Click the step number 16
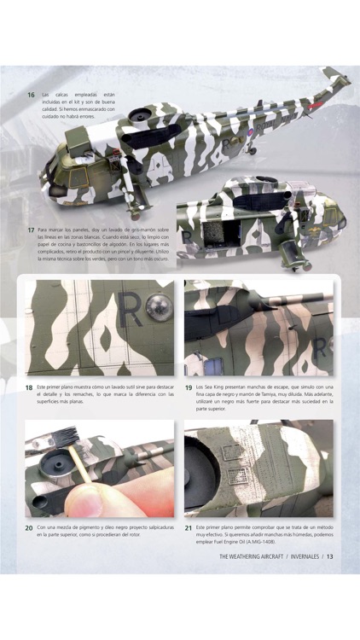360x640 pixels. tap(31, 95)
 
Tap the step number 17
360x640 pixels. tap(31, 230)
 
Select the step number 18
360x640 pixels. tap(29, 387)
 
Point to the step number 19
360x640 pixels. tap(189, 387)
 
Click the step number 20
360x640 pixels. tap(29, 528)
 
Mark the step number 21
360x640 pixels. tap(189, 528)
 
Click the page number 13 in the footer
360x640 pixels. tap(330, 556)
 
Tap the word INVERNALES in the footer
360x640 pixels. tap(305, 556)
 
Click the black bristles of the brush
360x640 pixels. tap(66, 436)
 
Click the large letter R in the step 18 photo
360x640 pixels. tap(131, 310)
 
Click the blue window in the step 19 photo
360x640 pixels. tap(213, 364)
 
